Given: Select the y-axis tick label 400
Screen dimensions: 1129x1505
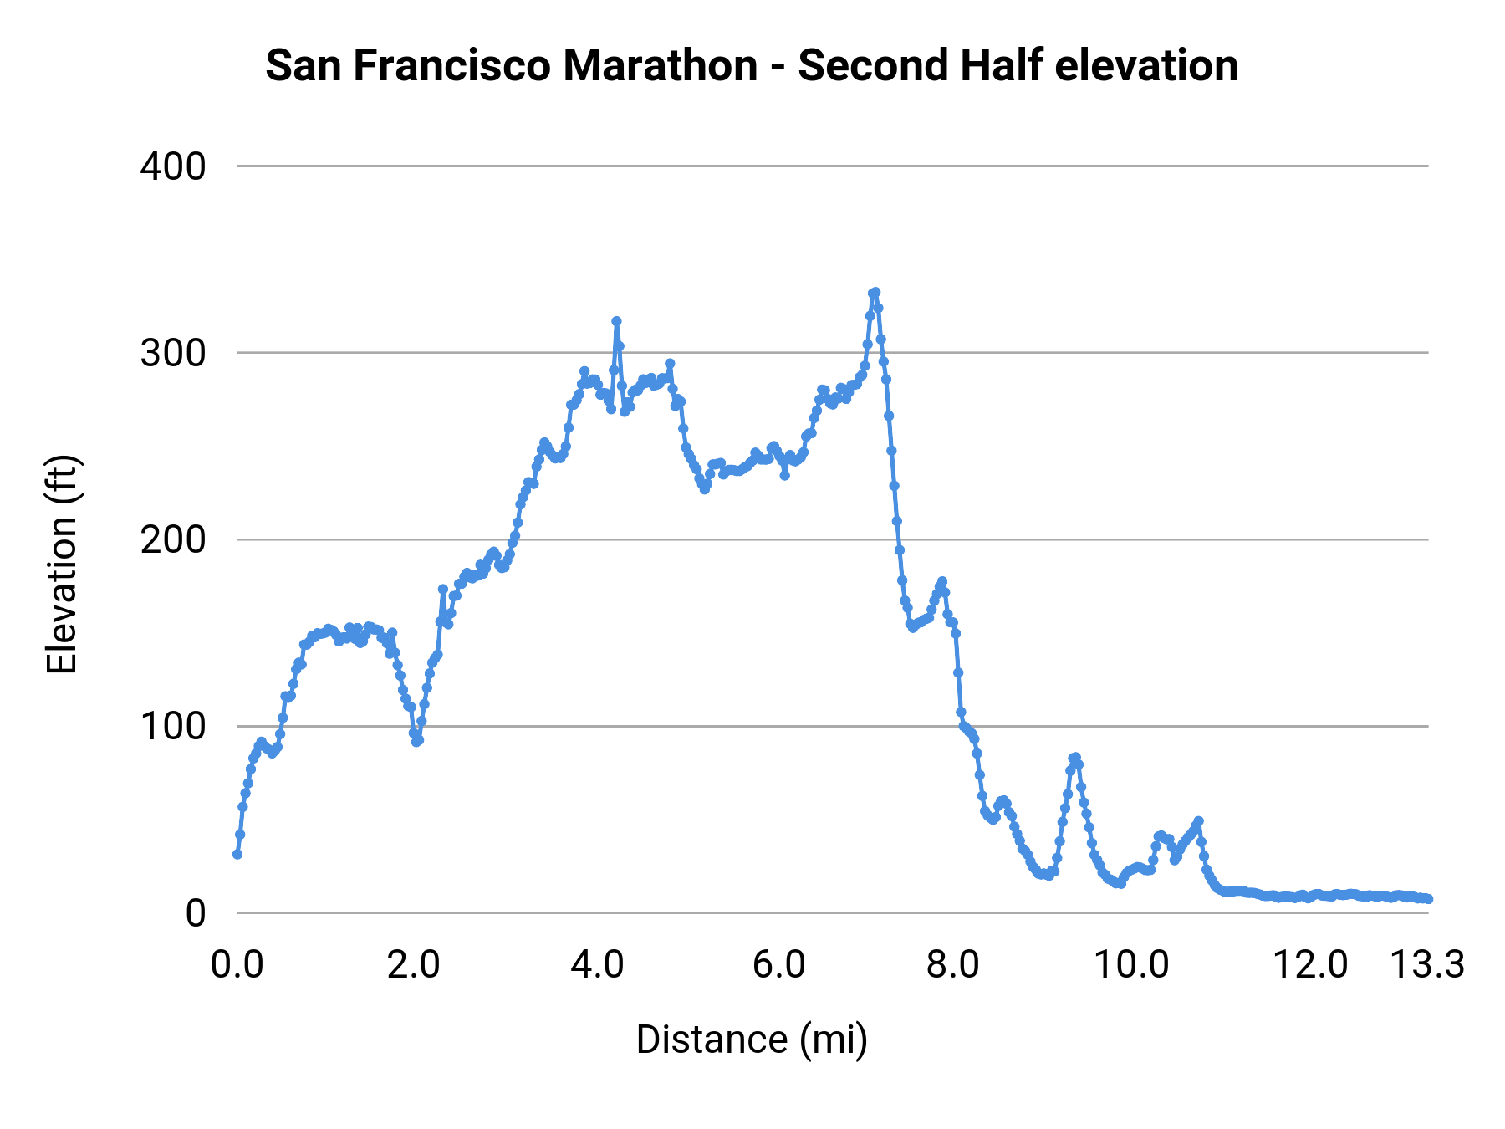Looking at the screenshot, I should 173,166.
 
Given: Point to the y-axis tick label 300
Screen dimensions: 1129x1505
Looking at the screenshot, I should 173,353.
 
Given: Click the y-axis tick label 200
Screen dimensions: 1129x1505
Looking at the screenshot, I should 173,539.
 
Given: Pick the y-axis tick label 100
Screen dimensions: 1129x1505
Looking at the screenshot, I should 173,726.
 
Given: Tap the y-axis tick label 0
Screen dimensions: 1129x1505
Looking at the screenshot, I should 196,912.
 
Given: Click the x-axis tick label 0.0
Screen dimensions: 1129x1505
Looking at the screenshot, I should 237,965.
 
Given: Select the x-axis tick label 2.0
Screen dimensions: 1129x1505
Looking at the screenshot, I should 413,965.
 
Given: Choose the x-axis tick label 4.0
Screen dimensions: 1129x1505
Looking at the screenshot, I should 597,965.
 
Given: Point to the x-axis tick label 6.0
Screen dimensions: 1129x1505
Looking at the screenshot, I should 778,965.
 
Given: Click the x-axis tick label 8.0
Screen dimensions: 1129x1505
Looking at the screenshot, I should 953,965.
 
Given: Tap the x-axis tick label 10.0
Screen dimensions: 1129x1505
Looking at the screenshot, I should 1132,965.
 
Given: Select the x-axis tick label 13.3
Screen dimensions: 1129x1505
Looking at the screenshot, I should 1427,965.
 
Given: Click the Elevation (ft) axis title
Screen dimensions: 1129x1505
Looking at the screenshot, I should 62,564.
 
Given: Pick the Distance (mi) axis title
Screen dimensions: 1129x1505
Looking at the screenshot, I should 752,1040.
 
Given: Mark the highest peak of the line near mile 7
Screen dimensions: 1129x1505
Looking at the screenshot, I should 875,292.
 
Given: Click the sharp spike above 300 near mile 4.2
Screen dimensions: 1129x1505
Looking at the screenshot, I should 616,321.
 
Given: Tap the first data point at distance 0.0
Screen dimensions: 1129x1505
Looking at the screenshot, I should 237,854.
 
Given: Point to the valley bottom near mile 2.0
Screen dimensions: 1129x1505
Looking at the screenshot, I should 417,741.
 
